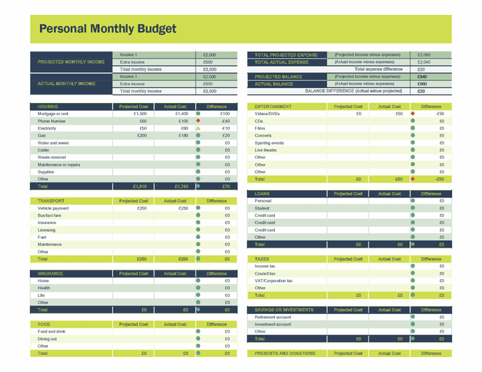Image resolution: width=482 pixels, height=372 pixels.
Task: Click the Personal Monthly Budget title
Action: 106,29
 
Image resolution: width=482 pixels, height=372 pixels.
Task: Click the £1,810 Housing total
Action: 139,186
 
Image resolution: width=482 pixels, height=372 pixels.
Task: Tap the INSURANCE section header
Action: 50,273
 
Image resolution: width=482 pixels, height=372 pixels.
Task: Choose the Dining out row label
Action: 48,338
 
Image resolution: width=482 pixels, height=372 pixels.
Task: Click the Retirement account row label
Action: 273,317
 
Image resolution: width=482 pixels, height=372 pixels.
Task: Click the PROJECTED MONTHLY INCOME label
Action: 71,62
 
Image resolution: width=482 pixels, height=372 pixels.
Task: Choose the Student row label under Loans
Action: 262,208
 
